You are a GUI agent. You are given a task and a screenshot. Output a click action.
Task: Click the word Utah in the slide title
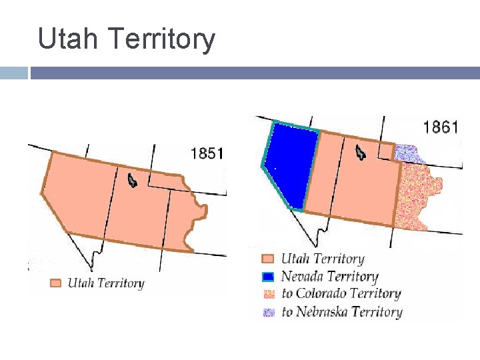click(67, 39)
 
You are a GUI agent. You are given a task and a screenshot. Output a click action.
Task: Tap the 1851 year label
click(207, 153)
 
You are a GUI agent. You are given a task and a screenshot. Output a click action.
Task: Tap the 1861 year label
click(441, 127)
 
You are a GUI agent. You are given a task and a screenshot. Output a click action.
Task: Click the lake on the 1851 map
click(132, 179)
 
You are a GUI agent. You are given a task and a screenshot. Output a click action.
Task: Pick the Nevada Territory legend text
click(329, 277)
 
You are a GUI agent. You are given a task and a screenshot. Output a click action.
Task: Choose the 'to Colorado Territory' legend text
click(341, 294)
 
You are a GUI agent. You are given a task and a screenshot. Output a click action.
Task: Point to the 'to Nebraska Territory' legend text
click(341, 311)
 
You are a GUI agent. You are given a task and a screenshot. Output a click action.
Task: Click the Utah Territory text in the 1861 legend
click(322, 259)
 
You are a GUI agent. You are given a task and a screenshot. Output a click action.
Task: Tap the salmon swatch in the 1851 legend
click(56, 283)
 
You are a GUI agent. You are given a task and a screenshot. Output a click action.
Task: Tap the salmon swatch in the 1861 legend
click(268, 259)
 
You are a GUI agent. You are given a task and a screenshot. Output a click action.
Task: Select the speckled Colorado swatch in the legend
click(268, 294)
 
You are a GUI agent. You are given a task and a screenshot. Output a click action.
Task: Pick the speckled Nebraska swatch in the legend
click(268, 311)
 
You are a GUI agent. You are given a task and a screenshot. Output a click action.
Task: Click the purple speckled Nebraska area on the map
click(408, 154)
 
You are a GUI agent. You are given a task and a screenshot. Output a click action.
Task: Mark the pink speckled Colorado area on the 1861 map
click(417, 193)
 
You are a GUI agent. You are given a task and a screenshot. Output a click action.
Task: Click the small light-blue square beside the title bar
click(13, 73)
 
